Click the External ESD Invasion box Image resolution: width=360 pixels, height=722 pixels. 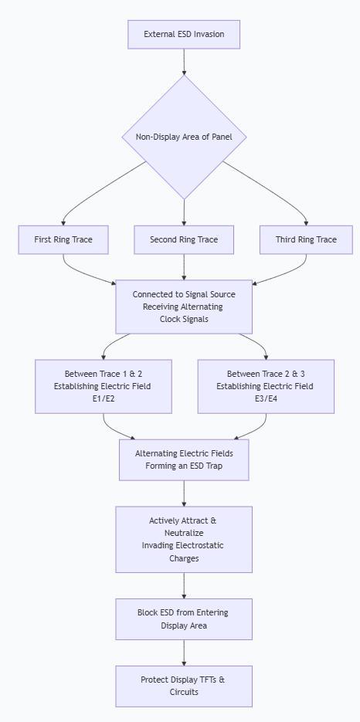[x=184, y=34]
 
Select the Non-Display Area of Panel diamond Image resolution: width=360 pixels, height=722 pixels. [x=184, y=137]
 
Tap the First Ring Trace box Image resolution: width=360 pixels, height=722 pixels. [x=63, y=239]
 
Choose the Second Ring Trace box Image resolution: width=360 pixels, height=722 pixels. [x=184, y=239]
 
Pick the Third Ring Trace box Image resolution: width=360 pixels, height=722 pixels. [x=306, y=239]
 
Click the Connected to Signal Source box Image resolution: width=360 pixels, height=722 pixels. [x=184, y=307]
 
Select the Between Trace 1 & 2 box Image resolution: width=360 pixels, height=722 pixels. [x=104, y=386]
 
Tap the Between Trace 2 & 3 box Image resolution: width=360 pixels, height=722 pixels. [x=266, y=386]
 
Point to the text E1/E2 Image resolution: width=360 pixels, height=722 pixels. [x=104, y=398]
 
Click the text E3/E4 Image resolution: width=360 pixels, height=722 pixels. [x=266, y=398]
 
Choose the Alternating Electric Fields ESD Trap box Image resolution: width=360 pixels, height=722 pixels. [x=184, y=459]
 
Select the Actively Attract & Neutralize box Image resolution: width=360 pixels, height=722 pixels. [x=184, y=540]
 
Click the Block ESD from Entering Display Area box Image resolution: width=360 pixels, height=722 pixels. [x=184, y=619]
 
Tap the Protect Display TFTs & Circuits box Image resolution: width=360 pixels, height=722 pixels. [x=184, y=686]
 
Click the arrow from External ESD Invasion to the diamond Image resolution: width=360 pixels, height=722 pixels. [x=184, y=62]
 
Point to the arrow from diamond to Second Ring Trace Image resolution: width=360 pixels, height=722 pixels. [x=184, y=212]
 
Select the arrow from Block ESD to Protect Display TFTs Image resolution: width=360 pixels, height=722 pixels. [x=184, y=653]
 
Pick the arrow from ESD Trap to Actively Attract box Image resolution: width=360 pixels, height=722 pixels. [x=184, y=493]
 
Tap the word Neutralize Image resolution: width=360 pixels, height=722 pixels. [x=184, y=534]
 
